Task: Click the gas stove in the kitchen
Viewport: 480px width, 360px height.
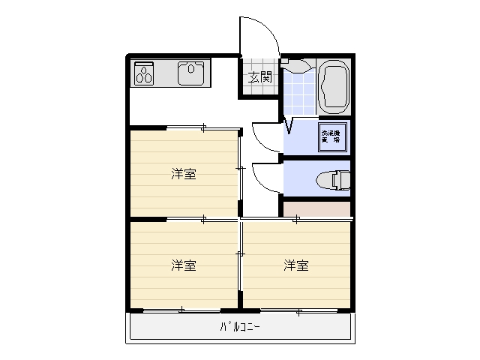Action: coord(144,73)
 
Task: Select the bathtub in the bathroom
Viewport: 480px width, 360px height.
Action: coord(334,85)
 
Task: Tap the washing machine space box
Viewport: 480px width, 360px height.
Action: coord(331,138)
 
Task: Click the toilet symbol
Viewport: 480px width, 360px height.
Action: coord(332,180)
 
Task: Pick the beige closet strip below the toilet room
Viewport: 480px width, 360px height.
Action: coord(316,209)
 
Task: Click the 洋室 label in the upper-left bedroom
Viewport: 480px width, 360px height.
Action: coord(184,175)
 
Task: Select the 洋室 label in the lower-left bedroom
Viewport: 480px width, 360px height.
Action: coord(184,265)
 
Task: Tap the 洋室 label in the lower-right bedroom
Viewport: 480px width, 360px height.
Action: coord(296,265)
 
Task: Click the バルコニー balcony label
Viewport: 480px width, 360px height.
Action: coord(240,326)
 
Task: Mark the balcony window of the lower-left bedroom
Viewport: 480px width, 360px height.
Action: coord(183,310)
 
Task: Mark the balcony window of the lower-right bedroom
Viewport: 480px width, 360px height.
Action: coord(297,310)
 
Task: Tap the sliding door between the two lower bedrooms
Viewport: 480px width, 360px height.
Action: coord(240,262)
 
